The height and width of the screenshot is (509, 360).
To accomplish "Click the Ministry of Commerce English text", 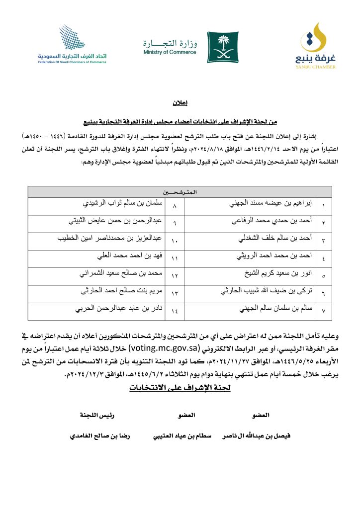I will (x=170, y=52).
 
